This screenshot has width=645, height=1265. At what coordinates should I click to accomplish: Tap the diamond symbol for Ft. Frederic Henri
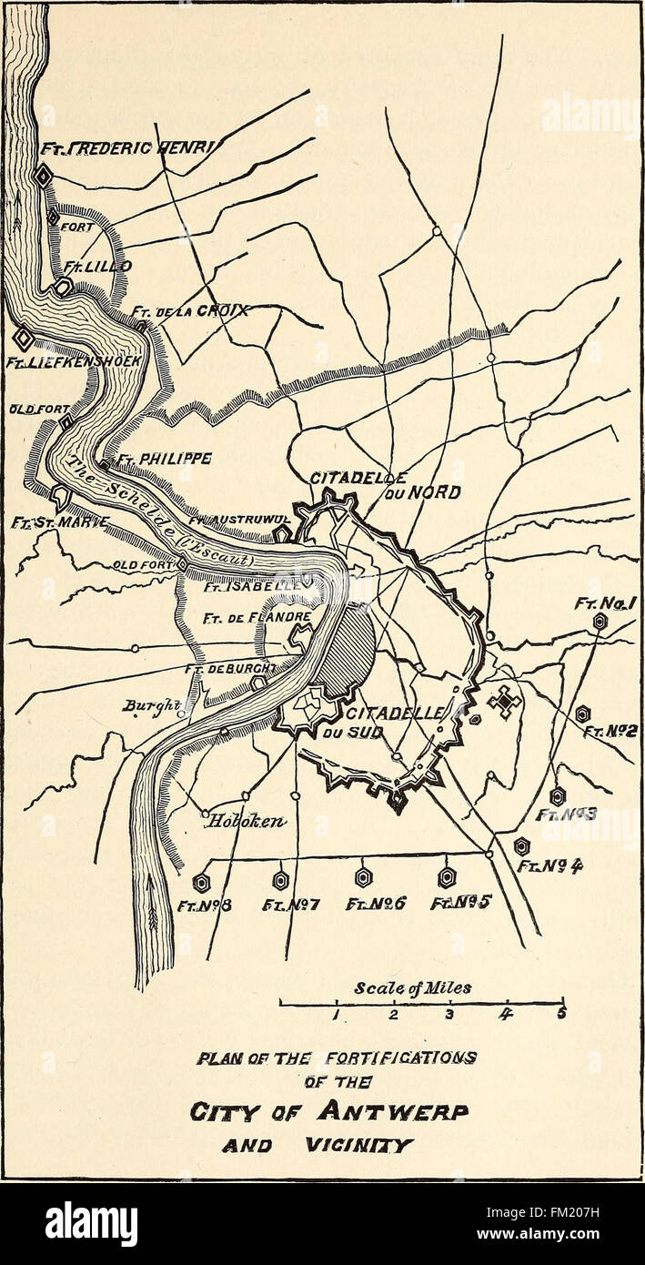pyautogui.click(x=42, y=176)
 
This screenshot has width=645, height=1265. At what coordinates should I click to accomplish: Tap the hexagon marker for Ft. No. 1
pyautogui.click(x=600, y=621)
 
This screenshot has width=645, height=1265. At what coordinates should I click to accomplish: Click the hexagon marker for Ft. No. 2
pyautogui.click(x=582, y=714)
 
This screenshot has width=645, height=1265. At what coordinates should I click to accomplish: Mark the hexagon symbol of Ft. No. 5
pyautogui.click(x=446, y=877)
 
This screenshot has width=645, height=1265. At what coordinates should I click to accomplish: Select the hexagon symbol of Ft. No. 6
pyautogui.click(x=363, y=877)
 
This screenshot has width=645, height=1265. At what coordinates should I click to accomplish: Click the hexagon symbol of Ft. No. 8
pyautogui.click(x=201, y=882)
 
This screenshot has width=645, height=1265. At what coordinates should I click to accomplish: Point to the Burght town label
pyautogui.click(x=146, y=705)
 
